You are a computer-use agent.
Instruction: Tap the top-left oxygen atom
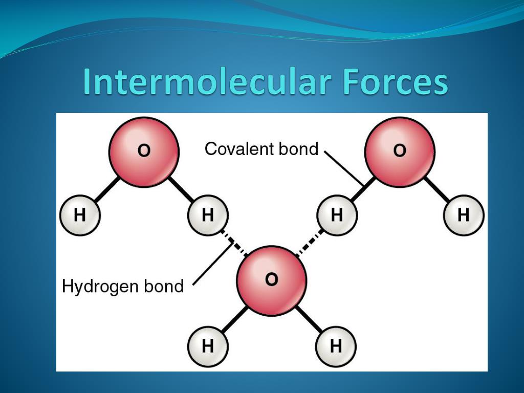144,151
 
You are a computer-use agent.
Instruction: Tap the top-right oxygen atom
400,151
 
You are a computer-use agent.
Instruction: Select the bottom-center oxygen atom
272,280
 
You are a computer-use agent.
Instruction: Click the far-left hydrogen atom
80,215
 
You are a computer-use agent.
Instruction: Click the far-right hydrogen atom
464,215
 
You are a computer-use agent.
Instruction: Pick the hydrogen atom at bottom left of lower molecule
208,347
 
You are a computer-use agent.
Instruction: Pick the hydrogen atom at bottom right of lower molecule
336,347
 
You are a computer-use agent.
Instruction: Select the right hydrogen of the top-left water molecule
208,215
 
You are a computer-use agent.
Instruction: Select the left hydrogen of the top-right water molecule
336,215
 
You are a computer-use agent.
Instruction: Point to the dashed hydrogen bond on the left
235,243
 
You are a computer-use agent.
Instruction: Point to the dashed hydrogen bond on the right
310,243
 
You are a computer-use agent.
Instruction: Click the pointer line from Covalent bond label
342,167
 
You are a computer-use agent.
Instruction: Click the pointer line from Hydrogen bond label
210,264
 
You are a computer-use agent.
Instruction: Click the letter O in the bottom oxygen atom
272,279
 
